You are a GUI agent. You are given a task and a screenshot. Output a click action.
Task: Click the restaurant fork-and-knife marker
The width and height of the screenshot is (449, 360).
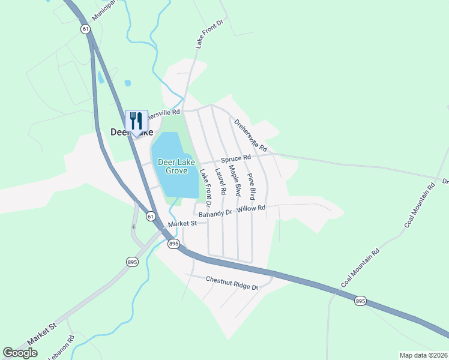pos(135,122)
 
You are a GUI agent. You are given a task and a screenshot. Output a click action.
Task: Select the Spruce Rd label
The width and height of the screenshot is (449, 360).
pos(235,159)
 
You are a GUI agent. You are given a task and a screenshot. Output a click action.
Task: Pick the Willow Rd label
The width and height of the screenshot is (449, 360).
pos(251,208)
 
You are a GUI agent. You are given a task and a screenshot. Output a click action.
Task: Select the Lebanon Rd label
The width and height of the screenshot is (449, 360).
pos(71,346)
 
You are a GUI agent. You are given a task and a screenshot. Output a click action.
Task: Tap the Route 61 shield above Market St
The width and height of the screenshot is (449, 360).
pos(150,216)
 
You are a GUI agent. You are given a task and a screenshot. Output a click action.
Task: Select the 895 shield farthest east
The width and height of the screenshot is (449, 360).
pos(360,301)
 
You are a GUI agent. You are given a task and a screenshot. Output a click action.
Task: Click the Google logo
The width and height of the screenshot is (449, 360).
pos(20,353)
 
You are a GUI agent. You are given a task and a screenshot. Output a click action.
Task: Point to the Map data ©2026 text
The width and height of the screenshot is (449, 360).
pos(423,355)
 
